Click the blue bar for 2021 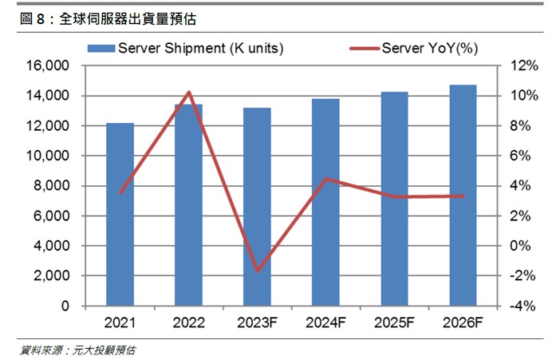(x=120, y=215)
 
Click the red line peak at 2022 (x=188, y=93)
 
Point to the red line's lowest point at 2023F (x=257, y=271)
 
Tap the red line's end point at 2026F (x=463, y=196)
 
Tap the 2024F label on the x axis (x=325, y=322)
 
